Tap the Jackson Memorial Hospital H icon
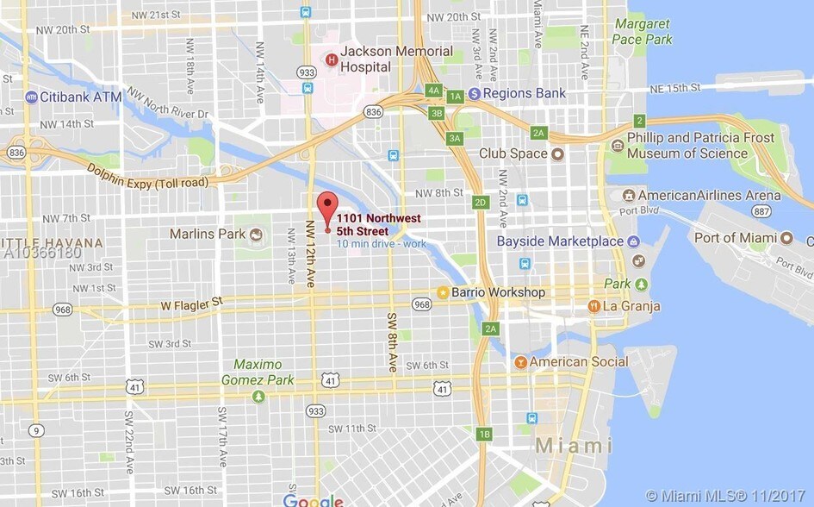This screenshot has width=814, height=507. coord(332,59)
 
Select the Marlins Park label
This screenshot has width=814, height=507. coord(207,234)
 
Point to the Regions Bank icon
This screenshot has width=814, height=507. coord(474,93)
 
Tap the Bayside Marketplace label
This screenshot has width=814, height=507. coord(560,241)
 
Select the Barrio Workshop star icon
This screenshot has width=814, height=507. coord(443,292)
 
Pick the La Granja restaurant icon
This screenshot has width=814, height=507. coord(593,306)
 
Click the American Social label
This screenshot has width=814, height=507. coord(579,362)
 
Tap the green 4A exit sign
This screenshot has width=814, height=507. coord(433,90)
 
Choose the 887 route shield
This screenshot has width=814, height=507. coord(761,210)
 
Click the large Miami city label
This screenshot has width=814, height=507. coord(575,446)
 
